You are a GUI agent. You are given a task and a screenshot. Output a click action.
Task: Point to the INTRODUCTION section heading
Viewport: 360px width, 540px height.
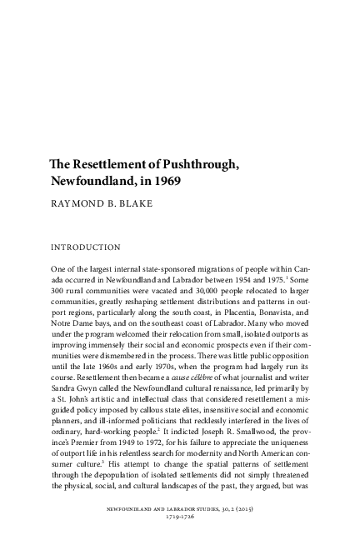coord(87,247)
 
